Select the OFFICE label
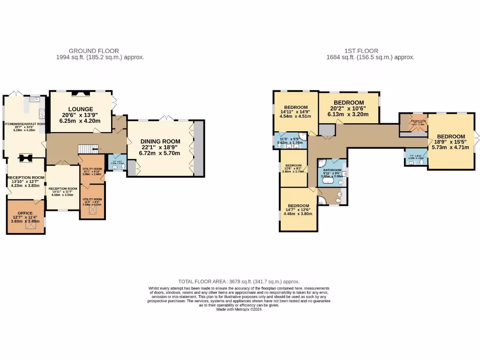coord(25,213)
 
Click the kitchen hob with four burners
coord(42,112)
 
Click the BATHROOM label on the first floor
coord(332,170)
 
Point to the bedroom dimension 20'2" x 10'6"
coord(348,108)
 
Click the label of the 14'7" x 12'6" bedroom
coord(299,206)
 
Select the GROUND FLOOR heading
coord(94,51)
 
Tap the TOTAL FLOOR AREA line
coord(239,281)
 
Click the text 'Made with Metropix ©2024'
coord(239,309)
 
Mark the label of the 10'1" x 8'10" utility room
coord(92,169)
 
